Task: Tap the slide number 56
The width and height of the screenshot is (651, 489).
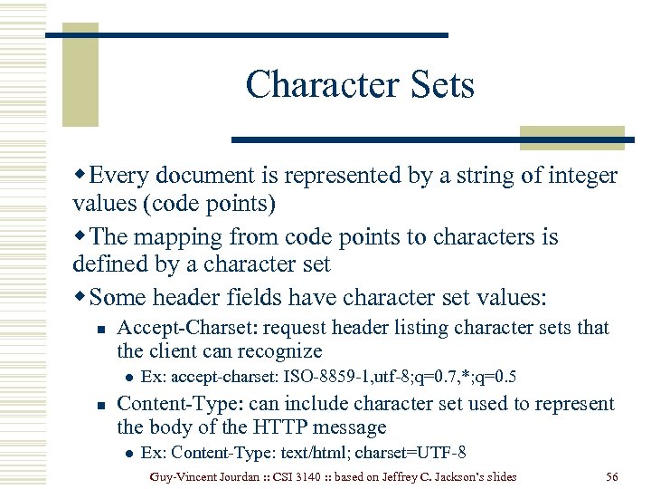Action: click(x=612, y=475)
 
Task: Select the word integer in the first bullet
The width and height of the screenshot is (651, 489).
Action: click(x=574, y=176)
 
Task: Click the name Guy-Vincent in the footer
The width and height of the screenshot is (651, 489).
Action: click(x=187, y=475)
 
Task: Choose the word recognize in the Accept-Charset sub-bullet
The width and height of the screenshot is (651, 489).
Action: click(x=277, y=350)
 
